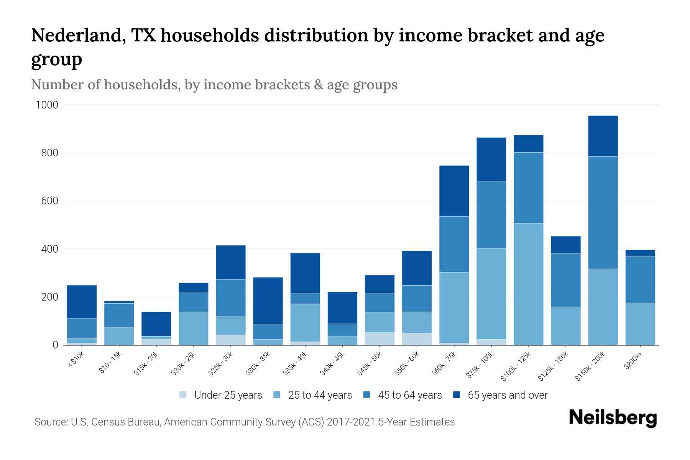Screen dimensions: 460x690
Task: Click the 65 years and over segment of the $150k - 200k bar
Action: pos(603,136)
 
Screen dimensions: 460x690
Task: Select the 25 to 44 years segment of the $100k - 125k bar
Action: pos(528,284)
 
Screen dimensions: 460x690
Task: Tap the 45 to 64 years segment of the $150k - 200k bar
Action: pos(603,213)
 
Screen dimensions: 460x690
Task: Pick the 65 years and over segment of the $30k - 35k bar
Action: pos(268,301)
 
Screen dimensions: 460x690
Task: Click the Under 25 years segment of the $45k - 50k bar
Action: pos(379,338)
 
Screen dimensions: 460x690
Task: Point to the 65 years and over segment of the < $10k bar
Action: pos(82,302)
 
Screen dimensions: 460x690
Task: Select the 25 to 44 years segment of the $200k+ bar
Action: pos(640,324)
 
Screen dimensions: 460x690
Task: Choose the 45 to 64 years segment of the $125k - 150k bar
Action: pos(565,280)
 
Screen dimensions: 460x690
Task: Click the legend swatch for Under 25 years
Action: pos(183,395)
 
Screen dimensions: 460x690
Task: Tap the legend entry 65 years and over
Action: pos(507,395)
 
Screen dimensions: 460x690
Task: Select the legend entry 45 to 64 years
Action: pos(409,395)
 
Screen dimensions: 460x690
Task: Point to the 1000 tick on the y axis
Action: pos(47,105)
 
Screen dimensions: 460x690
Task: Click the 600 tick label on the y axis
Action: pos(49,201)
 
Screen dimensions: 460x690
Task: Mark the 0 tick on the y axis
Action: pos(56,345)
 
